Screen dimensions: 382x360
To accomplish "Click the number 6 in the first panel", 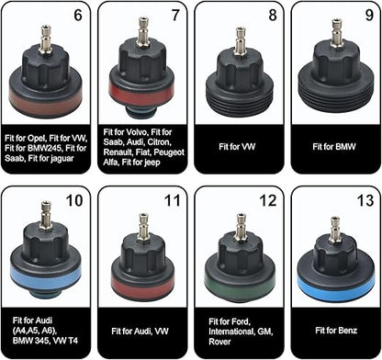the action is point(78,15).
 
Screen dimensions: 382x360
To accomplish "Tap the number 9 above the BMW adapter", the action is point(369,15).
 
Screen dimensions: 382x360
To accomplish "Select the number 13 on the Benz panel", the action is point(365,200).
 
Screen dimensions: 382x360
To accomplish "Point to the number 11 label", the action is point(174,200).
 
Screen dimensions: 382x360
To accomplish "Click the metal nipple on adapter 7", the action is point(143,30).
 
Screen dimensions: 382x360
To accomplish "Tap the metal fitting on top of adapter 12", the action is point(241,226).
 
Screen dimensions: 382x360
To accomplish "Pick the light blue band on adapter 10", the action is point(45,277).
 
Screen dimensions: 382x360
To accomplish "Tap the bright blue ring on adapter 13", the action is point(335,287).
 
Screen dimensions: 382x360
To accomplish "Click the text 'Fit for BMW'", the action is point(334,147).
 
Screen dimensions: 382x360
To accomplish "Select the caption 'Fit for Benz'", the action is point(336,331).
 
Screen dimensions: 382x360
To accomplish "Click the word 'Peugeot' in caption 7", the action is point(169,152).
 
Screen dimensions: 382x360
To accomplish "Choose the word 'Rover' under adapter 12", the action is point(219,342).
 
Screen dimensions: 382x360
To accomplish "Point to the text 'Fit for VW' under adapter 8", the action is point(237,147).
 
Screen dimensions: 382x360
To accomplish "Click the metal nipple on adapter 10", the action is point(46,214).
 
